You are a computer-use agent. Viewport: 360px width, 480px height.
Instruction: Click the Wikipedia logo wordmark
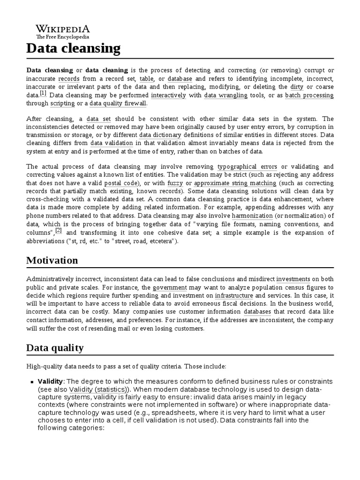coord(63,29)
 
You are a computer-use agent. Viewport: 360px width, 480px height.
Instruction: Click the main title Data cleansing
coord(73,48)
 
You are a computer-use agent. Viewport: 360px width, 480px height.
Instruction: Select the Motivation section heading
coord(52,260)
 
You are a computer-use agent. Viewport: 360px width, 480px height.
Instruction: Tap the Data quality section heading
coord(55,347)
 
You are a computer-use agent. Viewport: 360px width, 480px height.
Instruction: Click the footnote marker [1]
coord(43,93)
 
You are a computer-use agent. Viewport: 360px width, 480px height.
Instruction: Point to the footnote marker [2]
coord(59,231)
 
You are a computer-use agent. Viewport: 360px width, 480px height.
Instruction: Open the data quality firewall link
coord(118,104)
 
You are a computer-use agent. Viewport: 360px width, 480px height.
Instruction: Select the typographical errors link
coord(247,166)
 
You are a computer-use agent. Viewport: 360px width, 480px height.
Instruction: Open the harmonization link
coord(252,216)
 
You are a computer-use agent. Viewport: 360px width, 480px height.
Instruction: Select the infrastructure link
coord(234,296)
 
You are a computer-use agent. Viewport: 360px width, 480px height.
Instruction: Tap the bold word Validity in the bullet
coord(50,381)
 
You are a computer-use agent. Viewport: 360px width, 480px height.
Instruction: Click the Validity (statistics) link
coord(97,390)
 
